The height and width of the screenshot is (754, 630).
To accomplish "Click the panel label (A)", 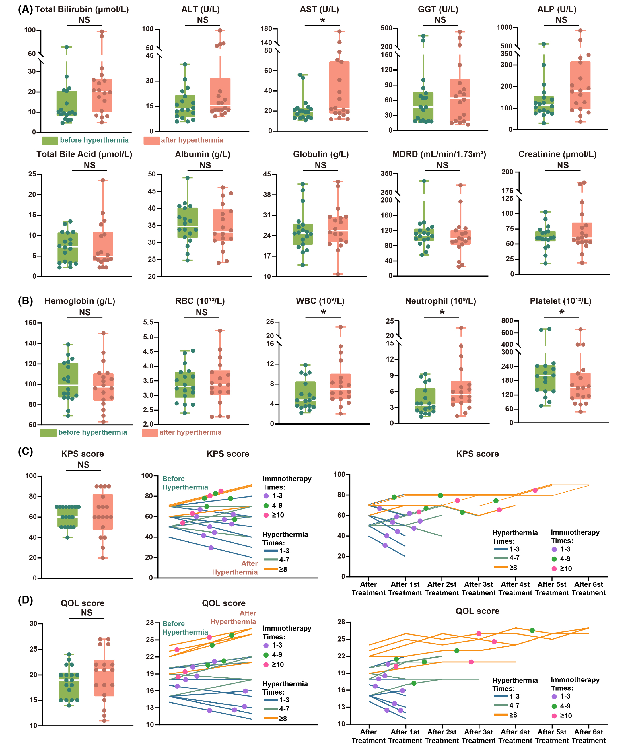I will click(x=25, y=9).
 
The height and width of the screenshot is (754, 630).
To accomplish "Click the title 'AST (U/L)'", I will click(x=319, y=9).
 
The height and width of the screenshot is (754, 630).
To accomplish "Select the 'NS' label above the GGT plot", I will click(x=440, y=20).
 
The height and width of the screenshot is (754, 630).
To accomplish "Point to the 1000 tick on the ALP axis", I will click(x=504, y=28).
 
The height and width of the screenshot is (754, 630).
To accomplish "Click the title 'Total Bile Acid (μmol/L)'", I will click(x=84, y=154).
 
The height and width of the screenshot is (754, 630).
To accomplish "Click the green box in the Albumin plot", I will click(x=187, y=223).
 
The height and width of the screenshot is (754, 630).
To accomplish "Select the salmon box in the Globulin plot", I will click(x=338, y=229).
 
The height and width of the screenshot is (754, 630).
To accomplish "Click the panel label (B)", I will click(x=25, y=301).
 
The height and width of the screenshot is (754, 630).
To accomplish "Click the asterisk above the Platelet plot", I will click(x=562, y=312).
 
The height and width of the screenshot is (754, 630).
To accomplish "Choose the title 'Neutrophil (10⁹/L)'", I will click(x=440, y=301).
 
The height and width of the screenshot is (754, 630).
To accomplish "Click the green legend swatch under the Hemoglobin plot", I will click(x=48, y=433).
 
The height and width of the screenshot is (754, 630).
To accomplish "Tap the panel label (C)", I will click(x=25, y=451).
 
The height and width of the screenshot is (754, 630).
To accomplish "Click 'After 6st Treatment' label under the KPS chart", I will click(x=588, y=588).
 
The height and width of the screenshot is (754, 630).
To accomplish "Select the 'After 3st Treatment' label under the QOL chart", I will click(x=479, y=736).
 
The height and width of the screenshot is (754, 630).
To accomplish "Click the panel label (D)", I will click(x=25, y=600).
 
